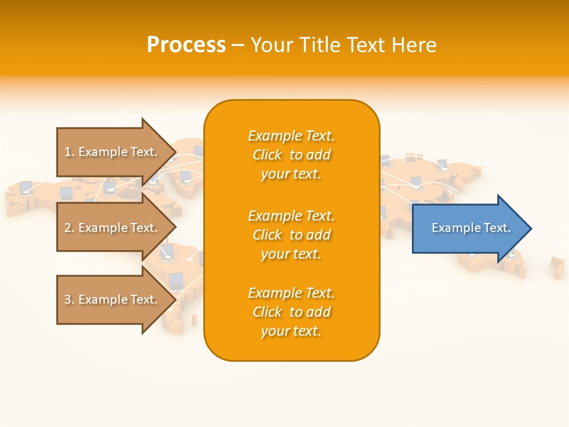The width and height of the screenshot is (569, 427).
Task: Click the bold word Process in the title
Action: point(186,45)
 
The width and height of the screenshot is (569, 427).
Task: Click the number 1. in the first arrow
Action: point(69,152)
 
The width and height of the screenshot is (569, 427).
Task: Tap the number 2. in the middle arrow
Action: point(69,228)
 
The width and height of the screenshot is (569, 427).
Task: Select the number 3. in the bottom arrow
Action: point(69,299)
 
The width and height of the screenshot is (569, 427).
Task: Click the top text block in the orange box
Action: point(291,155)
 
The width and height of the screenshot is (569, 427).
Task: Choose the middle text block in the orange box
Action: point(291,235)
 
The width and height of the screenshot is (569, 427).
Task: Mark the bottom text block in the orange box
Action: point(291,312)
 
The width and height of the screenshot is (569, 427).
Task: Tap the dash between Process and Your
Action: point(238,45)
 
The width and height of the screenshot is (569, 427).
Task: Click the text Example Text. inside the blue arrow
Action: point(471,228)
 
